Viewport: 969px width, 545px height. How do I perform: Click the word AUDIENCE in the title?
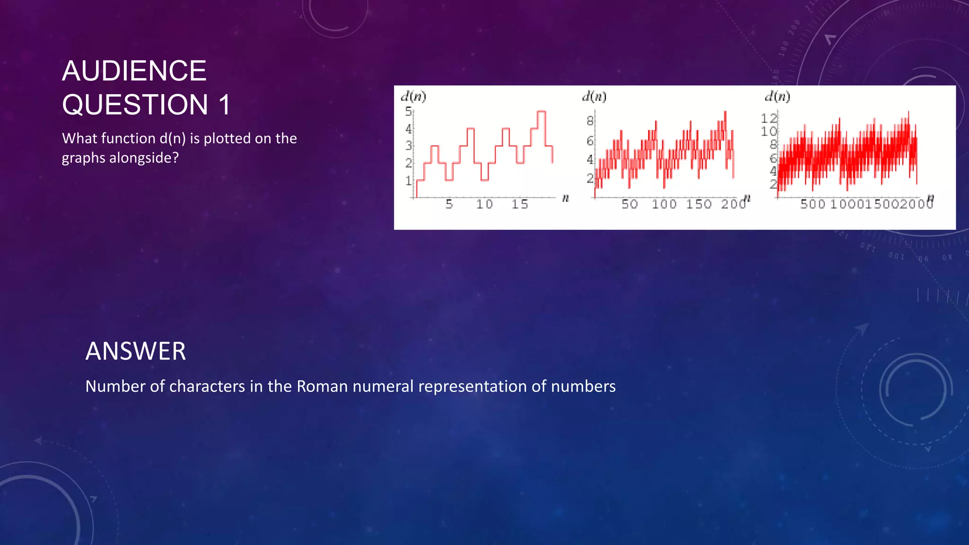click(134, 71)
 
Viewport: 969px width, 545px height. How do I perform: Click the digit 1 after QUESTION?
click(224, 105)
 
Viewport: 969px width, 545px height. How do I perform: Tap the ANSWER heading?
click(135, 352)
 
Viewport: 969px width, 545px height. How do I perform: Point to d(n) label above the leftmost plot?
click(414, 97)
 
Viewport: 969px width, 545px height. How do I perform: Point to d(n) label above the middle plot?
click(594, 97)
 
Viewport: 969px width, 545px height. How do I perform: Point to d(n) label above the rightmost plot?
click(777, 97)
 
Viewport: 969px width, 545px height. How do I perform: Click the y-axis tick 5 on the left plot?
click(408, 112)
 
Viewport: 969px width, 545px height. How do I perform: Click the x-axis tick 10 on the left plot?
click(484, 204)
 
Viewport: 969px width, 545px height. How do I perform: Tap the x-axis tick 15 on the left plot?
click(520, 204)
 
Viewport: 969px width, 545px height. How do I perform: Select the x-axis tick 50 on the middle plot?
click(629, 204)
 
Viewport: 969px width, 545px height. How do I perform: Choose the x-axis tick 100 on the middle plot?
click(664, 204)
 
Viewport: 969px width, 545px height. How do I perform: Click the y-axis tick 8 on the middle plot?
click(590, 121)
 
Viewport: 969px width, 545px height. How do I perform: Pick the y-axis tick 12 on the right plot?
click(769, 118)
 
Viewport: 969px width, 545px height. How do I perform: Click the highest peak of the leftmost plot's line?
click(542, 112)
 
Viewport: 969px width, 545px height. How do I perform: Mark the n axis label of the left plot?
click(565, 198)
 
